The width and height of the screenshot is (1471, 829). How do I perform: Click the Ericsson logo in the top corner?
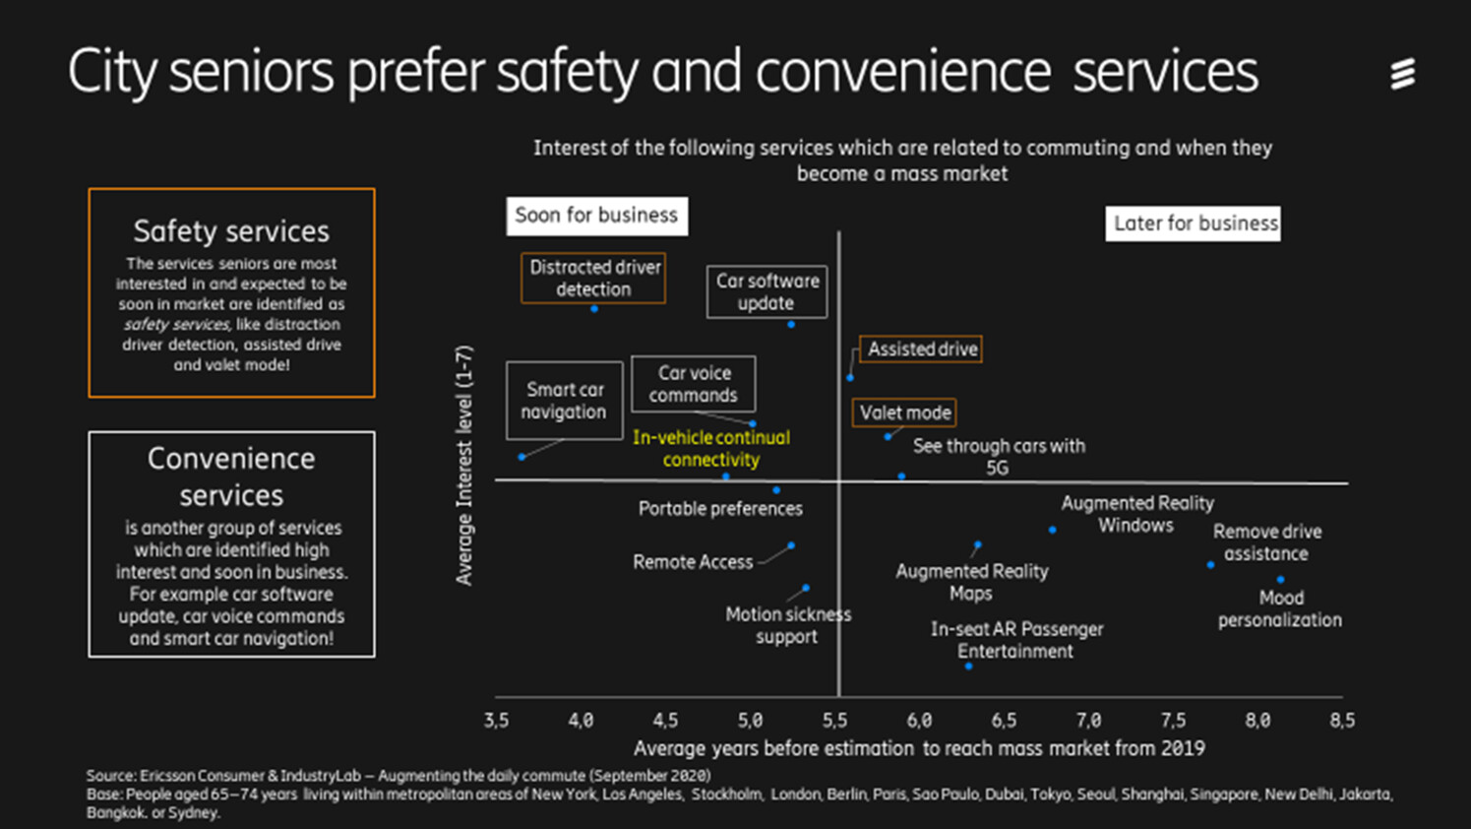(1402, 74)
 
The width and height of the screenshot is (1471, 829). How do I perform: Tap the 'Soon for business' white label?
(596, 216)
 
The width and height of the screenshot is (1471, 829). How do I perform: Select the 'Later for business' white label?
(1194, 223)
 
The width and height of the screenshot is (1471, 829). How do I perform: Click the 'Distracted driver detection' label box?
(593, 278)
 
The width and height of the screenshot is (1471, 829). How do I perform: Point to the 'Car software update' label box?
(766, 291)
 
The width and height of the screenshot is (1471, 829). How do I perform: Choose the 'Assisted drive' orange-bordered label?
(921, 350)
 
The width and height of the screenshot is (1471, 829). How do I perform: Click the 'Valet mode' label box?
(904, 413)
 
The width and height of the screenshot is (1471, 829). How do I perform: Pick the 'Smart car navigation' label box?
(564, 401)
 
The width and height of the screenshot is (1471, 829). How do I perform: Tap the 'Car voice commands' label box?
(693, 384)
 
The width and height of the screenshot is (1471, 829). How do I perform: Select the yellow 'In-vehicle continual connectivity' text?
(710, 448)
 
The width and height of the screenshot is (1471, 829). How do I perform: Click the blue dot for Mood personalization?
(1280, 580)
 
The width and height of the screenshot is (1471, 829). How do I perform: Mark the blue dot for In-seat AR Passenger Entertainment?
(968, 667)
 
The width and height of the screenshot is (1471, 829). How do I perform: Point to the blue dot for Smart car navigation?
(521, 457)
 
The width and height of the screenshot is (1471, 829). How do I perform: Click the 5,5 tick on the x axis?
(835, 721)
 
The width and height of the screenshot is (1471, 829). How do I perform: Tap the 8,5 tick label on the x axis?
(1341, 721)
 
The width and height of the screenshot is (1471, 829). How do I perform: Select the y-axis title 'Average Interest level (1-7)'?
(464, 465)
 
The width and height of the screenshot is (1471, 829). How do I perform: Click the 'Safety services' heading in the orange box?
(231, 231)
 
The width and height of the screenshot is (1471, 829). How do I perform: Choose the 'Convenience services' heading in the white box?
(231, 477)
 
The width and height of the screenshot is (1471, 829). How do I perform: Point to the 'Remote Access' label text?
(693, 562)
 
